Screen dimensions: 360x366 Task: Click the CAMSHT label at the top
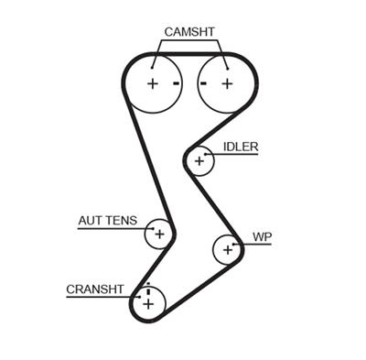(x=189, y=32)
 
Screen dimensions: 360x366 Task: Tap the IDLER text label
(x=241, y=147)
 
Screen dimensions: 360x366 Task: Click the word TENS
(x=122, y=221)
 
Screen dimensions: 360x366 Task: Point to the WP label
(x=263, y=237)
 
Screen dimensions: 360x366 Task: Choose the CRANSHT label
(x=94, y=289)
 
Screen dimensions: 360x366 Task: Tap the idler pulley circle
(x=199, y=161)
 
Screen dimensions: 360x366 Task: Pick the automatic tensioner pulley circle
(x=159, y=234)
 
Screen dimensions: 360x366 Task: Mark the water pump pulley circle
(x=227, y=248)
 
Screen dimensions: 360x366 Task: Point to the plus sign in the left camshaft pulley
(x=152, y=83)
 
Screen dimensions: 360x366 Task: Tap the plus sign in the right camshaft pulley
(x=227, y=83)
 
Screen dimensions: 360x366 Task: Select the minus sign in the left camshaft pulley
(x=175, y=83)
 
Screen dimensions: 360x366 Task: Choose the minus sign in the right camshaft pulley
(x=205, y=83)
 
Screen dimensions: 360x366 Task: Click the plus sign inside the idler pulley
(x=199, y=161)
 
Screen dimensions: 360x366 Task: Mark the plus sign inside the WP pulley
(x=227, y=248)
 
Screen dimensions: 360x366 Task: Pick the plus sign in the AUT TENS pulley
(x=159, y=234)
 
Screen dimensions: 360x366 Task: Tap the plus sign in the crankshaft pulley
(x=147, y=301)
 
